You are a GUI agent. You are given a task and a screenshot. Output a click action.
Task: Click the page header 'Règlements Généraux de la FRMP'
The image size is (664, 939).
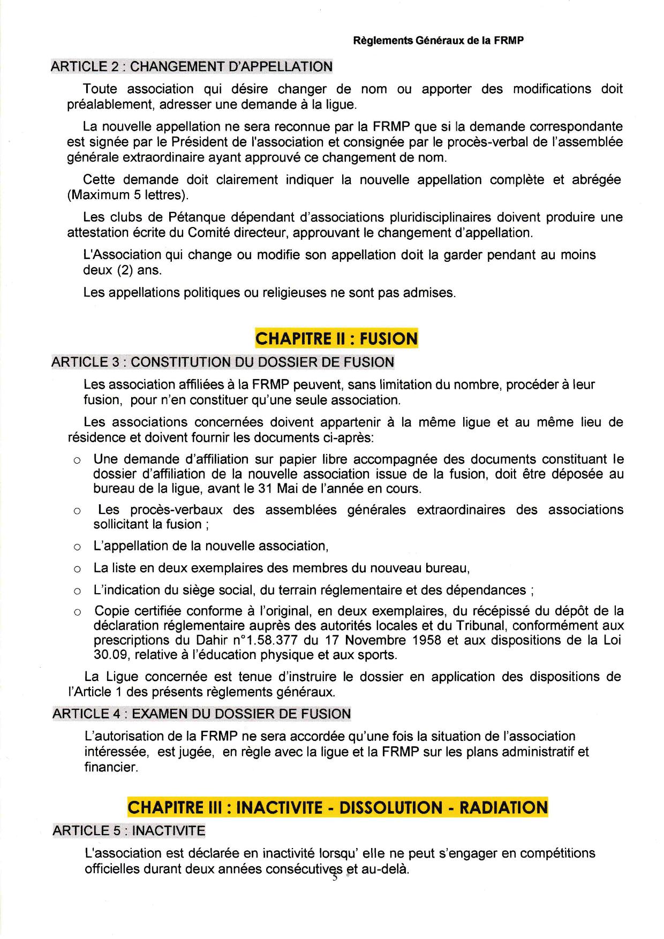click(439, 41)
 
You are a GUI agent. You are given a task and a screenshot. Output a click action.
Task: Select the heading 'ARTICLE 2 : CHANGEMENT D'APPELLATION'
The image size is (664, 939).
click(191, 67)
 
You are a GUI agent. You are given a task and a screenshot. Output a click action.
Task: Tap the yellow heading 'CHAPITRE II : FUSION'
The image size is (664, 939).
click(336, 339)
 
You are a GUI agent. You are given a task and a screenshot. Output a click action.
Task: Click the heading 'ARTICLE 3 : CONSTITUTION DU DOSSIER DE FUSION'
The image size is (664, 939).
click(222, 362)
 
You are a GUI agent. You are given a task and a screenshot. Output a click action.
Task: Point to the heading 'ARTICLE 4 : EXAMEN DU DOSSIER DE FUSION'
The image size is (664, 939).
click(202, 714)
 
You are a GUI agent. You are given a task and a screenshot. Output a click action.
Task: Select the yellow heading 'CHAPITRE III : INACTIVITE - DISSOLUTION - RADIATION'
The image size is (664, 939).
click(337, 807)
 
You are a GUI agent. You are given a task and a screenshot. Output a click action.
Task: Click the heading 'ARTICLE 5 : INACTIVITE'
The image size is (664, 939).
click(129, 831)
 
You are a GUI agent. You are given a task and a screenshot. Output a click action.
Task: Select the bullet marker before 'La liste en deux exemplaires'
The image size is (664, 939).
click(78, 569)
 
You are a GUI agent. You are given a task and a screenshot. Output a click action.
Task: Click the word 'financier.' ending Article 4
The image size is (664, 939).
click(111, 767)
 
